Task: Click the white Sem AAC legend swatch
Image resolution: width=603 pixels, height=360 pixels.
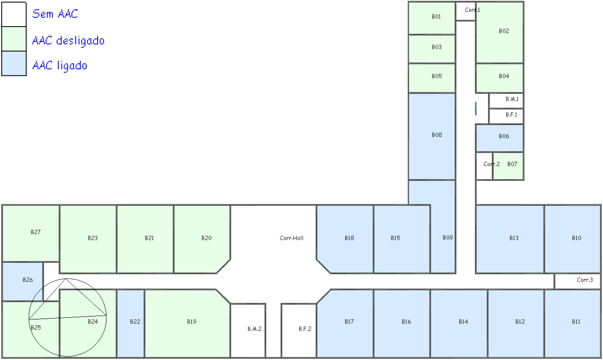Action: pos(14,14)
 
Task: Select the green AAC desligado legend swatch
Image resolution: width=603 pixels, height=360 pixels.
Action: pos(14,39)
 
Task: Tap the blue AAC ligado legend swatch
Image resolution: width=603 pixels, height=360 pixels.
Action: pos(14,64)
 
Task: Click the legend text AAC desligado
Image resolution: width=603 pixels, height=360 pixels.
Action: pos(68,41)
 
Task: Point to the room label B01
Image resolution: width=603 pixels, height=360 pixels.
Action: pos(436,17)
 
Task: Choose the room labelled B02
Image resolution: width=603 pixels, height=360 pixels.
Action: pos(504,31)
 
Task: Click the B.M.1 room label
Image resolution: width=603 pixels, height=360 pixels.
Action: pos(511,99)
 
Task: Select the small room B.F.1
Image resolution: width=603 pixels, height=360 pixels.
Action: pos(511,115)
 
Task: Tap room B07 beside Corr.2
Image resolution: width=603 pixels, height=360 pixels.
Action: pos(512,164)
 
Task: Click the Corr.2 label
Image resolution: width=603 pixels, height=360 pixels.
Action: pos(491,164)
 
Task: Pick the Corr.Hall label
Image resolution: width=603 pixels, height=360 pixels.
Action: pos(291,238)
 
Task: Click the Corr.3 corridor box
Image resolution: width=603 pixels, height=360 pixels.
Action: pos(584,280)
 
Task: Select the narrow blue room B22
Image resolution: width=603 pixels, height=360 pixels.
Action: pos(135,322)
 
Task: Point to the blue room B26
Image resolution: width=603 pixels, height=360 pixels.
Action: pos(27,280)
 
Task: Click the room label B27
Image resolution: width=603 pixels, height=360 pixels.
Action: pos(35,232)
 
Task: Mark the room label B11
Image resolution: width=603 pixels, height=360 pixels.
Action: pos(576,322)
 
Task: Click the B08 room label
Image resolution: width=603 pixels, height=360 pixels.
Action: pos(436,135)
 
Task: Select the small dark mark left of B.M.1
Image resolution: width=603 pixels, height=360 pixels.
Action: pos(476,109)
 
